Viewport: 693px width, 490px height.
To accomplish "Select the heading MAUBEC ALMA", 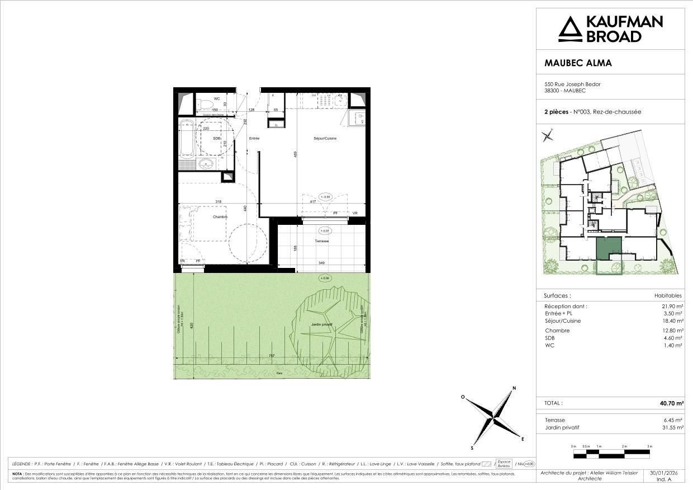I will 578,63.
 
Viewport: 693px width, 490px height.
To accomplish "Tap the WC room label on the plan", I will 201,99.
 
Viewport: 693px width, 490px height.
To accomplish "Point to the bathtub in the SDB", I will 186,139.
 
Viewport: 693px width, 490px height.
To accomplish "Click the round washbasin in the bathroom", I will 206,163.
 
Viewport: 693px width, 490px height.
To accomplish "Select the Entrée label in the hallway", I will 254,138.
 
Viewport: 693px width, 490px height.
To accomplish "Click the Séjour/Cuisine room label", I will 325,138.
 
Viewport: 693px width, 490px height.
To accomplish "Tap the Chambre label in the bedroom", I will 220,216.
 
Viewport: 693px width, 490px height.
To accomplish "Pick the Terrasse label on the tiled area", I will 321,241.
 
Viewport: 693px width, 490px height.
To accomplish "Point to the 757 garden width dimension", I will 271,355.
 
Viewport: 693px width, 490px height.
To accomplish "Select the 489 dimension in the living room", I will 296,156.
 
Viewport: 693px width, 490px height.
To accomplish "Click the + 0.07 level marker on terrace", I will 324,230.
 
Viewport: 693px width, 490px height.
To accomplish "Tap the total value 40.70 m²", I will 671,403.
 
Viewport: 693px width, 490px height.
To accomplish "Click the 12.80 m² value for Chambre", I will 671,331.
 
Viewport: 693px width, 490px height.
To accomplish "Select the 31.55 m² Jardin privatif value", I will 671,427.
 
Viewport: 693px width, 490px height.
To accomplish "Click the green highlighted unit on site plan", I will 609,248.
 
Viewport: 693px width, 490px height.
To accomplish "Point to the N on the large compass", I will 514,388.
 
